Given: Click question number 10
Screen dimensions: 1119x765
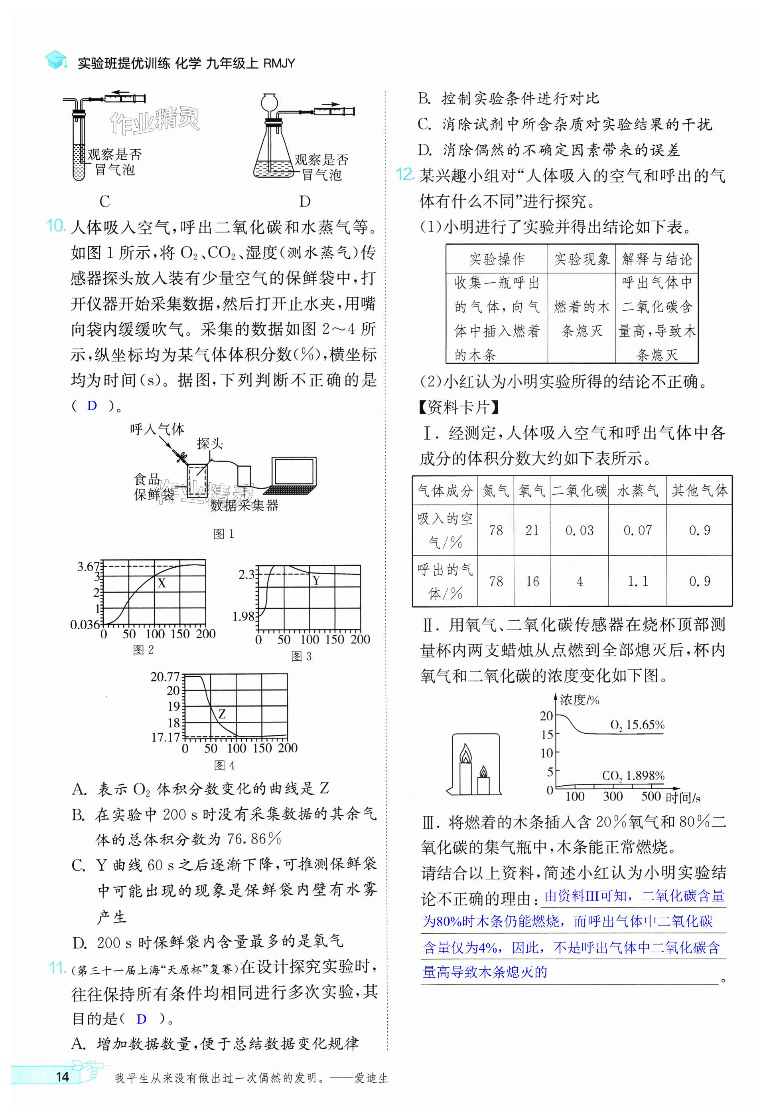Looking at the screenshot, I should (55, 226).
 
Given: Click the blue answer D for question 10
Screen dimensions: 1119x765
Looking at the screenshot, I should (92, 406).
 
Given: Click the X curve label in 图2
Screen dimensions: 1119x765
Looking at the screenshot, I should (162, 583).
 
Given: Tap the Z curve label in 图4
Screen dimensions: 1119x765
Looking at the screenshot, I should (222, 714).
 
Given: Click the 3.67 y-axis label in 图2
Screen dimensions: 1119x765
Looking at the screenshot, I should (88, 567).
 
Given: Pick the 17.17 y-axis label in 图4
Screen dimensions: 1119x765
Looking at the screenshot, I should (165, 737).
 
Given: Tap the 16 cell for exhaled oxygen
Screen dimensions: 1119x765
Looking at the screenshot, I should (532, 581).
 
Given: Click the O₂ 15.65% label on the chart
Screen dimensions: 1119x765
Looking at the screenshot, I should (637, 725).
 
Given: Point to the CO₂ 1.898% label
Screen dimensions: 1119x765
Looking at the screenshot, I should (633, 776).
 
